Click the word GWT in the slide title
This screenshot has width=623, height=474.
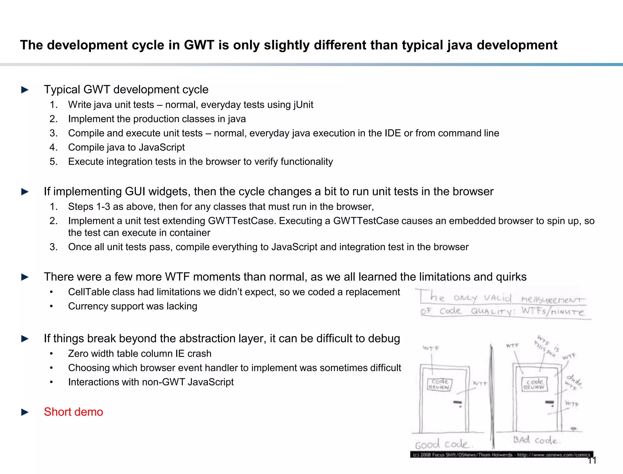199,45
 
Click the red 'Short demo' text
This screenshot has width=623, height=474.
73,412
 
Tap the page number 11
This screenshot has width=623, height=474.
592,461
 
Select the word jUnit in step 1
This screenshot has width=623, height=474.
303,105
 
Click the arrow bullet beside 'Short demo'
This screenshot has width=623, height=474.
25,412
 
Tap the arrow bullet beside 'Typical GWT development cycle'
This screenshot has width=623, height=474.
25,90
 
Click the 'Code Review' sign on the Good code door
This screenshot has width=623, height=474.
440,384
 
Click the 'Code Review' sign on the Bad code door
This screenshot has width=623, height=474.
534,384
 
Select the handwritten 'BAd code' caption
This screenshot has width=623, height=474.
536,440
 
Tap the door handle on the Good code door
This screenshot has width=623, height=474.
458,403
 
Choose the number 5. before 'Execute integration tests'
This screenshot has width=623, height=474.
54,162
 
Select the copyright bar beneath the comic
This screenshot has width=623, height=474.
501,455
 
